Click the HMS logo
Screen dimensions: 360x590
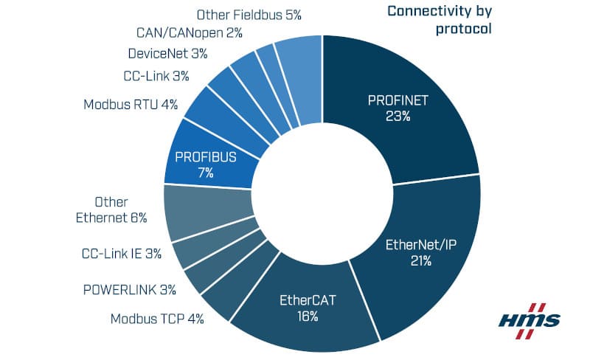[x=530, y=320]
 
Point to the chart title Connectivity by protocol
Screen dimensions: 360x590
[x=440, y=21]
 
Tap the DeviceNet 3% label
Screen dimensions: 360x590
[x=167, y=54]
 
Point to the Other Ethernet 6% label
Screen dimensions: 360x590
[x=112, y=210]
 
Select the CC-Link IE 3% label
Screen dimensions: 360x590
[x=121, y=254]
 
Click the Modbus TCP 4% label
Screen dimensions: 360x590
[x=157, y=319]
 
